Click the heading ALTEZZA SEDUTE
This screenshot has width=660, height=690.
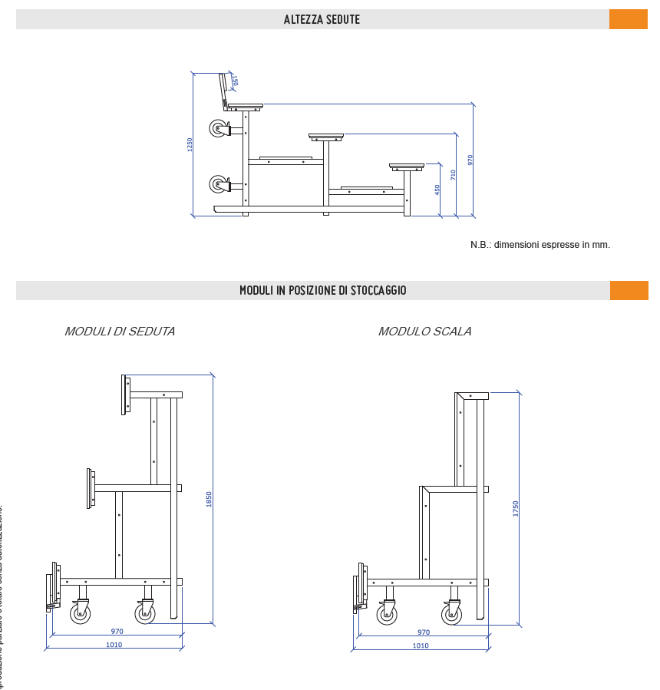click(322, 19)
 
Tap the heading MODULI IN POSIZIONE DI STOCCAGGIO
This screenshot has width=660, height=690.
click(322, 290)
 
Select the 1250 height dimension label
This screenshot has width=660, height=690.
click(190, 144)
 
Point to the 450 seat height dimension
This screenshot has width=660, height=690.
click(437, 189)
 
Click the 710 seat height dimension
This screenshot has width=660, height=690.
click(453, 175)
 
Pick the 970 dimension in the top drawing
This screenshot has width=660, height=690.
click(470, 160)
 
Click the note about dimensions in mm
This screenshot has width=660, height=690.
click(540, 245)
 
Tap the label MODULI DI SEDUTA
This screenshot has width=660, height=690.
click(120, 332)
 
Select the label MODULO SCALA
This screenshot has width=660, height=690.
click(424, 332)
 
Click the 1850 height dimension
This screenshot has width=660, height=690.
click(209, 499)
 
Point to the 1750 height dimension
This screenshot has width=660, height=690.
click(516, 508)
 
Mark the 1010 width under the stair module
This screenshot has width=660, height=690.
click(421, 645)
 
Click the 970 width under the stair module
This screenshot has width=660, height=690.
click(424, 632)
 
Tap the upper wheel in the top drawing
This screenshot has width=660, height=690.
click(219, 128)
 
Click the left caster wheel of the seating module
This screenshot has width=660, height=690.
click(81, 613)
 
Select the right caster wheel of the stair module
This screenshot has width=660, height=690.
click(452, 614)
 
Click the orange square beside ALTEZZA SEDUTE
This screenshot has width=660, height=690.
click(628, 19)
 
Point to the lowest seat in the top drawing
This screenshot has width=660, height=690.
click(407, 166)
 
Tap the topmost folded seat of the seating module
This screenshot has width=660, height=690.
click(126, 395)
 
